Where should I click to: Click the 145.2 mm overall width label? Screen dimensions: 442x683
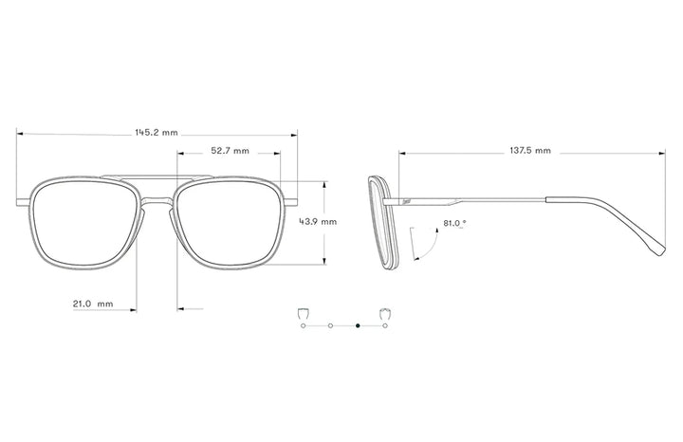click(x=156, y=133)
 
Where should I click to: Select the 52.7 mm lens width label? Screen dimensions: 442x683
click(x=230, y=151)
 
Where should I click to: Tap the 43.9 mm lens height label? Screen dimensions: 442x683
click(x=318, y=221)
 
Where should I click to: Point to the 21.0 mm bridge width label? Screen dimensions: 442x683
click(x=93, y=304)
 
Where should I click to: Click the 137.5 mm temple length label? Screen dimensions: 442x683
click(x=530, y=151)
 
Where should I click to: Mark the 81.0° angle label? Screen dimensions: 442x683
click(x=454, y=224)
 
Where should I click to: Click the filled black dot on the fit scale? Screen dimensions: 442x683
click(x=358, y=326)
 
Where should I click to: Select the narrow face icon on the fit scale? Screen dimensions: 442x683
click(x=303, y=313)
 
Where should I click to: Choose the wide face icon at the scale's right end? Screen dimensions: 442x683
click(x=385, y=313)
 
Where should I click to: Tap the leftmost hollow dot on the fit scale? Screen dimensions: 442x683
click(x=303, y=326)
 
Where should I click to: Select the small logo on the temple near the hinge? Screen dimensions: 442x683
click(x=406, y=201)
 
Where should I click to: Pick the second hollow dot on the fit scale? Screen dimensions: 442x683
click(x=329, y=326)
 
